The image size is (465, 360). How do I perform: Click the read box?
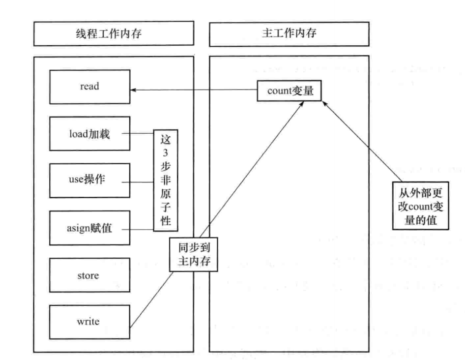coord(89,87)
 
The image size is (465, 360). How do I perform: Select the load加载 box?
coord(89,134)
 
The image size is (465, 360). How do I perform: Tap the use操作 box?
coord(89,180)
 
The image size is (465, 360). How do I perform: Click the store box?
coord(89,275)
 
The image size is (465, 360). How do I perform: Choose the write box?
coord(89,322)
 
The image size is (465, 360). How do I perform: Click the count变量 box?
coord(290,90)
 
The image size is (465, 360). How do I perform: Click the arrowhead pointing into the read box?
coord(133,90)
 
